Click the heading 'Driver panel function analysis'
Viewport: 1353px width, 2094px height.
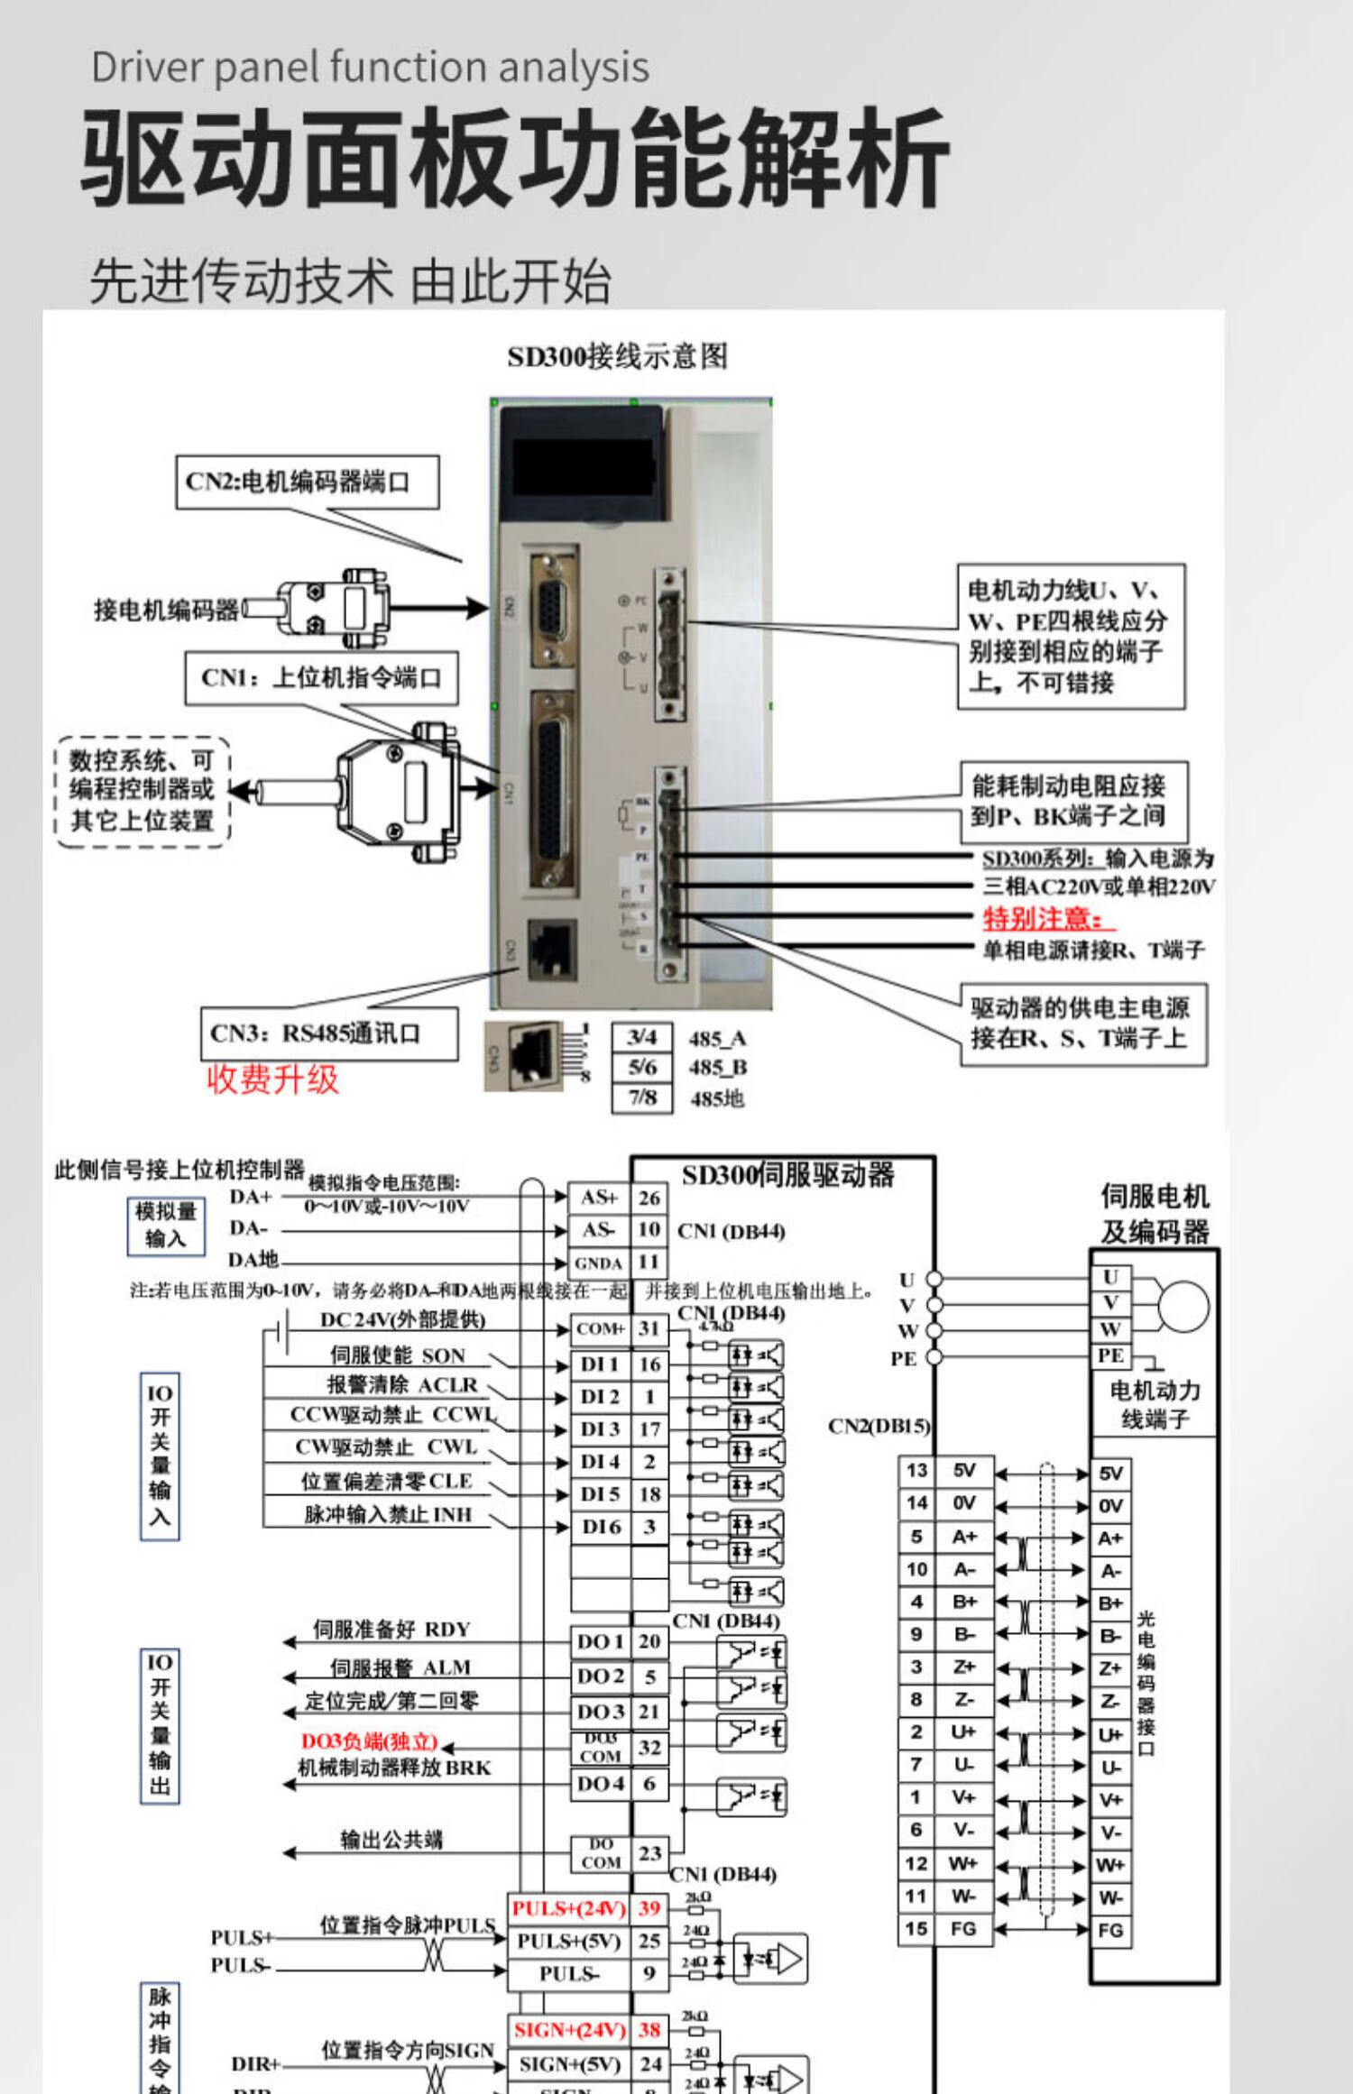point(370,68)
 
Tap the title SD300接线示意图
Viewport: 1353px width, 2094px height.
point(617,357)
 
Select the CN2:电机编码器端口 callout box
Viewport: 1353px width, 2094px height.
point(307,482)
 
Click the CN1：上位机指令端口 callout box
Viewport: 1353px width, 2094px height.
point(321,677)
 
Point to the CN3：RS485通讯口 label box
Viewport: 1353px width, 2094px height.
point(328,1033)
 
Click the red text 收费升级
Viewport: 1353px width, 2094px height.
point(272,1079)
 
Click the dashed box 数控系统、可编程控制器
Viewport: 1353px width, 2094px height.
point(143,791)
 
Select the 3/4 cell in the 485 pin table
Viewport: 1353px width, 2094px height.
point(641,1038)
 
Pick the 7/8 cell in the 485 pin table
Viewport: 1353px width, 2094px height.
point(641,1098)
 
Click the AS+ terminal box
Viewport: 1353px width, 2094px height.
point(599,1198)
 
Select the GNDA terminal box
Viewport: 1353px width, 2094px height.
point(599,1263)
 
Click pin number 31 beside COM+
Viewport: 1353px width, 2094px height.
point(649,1328)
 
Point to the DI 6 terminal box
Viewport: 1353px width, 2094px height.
point(601,1527)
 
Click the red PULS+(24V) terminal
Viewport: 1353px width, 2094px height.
point(568,1908)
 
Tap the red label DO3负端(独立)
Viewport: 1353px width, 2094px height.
point(370,1741)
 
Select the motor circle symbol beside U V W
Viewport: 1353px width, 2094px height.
point(1183,1305)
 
